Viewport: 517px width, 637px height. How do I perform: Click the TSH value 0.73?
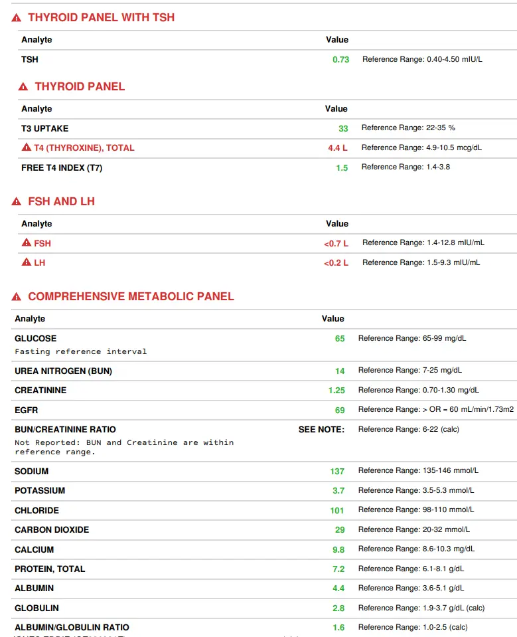point(340,60)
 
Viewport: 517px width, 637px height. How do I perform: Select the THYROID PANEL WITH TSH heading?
point(101,17)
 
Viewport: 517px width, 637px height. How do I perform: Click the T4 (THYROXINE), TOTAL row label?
point(84,148)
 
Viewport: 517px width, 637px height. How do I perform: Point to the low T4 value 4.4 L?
point(337,148)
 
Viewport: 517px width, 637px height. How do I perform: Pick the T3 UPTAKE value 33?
point(343,128)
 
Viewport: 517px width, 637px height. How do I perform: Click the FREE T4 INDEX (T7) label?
point(62,168)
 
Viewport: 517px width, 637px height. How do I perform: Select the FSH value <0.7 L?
point(336,244)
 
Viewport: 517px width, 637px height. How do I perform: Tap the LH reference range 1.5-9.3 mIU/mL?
point(421,262)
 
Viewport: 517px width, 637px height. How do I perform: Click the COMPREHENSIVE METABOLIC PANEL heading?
point(131,297)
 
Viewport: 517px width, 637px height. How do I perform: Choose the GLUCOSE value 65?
point(340,339)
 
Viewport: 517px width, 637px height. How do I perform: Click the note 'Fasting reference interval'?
point(80,351)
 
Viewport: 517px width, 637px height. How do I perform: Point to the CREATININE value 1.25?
point(336,391)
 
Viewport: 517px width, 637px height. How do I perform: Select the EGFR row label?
point(27,410)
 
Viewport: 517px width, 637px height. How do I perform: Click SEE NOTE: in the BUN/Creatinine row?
point(321,430)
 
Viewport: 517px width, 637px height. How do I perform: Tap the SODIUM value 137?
point(337,472)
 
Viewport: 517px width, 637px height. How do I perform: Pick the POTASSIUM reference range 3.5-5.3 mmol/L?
point(416,490)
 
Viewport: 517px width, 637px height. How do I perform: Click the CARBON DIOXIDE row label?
point(52,530)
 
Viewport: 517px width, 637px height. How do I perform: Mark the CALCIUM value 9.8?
point(338,550)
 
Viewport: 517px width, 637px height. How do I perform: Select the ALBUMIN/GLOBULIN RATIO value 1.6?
point(338,628)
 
